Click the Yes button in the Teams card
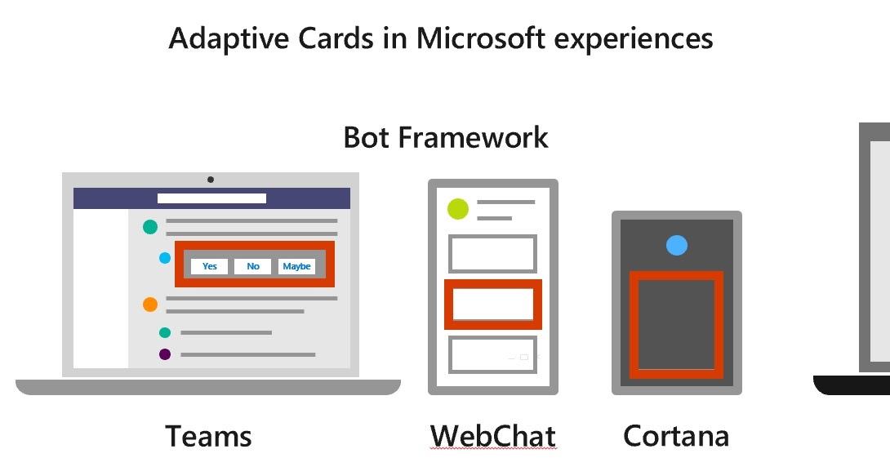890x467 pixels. pos(210,266)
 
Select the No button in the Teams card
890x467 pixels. pos(253,266)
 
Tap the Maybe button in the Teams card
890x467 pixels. pos(296,266)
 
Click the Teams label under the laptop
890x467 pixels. pos(209,436)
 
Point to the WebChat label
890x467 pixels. pos(492,436)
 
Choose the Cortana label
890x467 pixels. pos(676,436)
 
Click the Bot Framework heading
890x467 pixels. pos(446,137)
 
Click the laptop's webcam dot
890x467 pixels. pos(211,179)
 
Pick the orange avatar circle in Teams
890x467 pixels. pos(150,305)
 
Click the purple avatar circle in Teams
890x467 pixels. pos(165,354)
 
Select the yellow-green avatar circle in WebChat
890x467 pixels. pos(458,209)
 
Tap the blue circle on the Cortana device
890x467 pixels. pos(677,244)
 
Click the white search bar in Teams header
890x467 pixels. pos(211,198)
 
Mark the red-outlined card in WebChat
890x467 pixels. pos(493,305)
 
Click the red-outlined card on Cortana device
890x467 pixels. pos(676,325)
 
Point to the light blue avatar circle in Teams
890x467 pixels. pos(165,258)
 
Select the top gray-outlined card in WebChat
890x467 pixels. pos(493,254)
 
